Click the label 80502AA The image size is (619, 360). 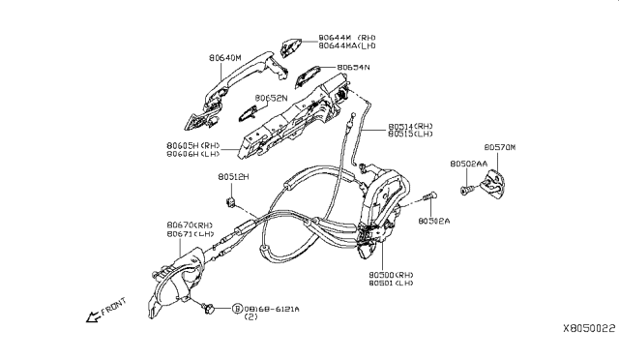[x=469, y=165]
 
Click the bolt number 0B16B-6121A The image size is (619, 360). [x=274, y=309]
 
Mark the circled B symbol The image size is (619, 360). [x=236, y=309]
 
